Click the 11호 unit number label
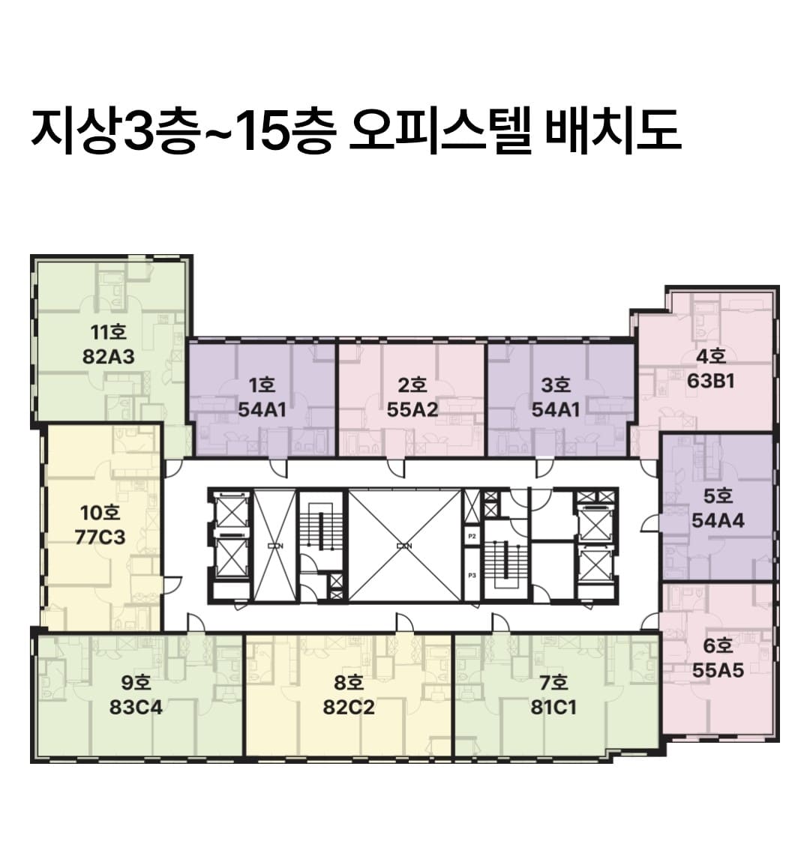tap(109, 333)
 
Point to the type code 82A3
tap(109, 356)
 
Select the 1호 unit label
tap(262, 386)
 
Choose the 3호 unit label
tap(556, 386)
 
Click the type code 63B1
tap(710, 381)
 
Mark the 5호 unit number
tap(718, 496)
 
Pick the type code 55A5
tap(718, 670)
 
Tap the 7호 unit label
tap(553, 683)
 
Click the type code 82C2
tap(349, 707)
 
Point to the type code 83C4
tap(136, 707)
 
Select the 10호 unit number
tap(100, 513)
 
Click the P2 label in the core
tap(472, 537)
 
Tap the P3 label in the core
tap(472, 576)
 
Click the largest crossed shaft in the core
tap(404, 545)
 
